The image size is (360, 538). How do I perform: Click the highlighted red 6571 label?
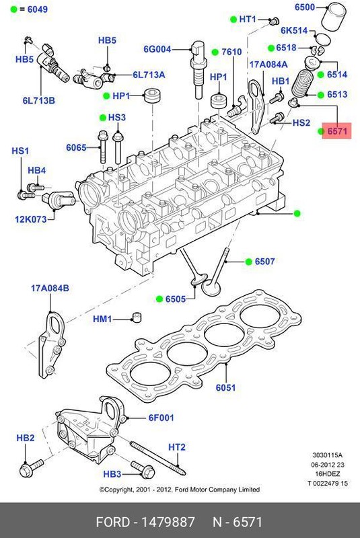click(x=337, y=132)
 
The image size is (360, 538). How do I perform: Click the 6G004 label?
click(x=157, y=48)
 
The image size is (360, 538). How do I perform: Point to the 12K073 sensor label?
click(x=31, y=219)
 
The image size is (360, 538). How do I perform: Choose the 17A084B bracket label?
click(x=50, y=289)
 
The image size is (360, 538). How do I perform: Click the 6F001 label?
click(x=161, y=418)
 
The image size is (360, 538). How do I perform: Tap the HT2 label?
click(x=176, y=447)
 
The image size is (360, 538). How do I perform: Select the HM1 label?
click(x=102, y=318)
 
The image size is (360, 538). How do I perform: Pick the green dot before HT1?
click(x=232, y=19)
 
